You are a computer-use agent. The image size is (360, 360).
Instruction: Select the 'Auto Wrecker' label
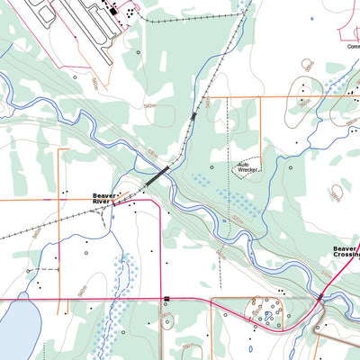(248, 167)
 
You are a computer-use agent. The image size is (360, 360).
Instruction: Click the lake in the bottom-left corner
(18, 328)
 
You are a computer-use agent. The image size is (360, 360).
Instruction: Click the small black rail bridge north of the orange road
(193, 116)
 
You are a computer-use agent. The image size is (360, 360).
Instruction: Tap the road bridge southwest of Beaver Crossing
(320, 296)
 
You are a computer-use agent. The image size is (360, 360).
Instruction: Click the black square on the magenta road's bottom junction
(166, 298)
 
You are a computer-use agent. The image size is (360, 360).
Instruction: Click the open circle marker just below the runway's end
(138, 52)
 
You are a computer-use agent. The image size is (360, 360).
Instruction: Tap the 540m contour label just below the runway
(94, 81)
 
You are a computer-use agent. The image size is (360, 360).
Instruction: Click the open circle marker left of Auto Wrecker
(211, 167)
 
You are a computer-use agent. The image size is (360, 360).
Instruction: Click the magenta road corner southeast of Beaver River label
(159, 210)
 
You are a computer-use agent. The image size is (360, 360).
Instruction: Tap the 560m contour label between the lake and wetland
(80, 292)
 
